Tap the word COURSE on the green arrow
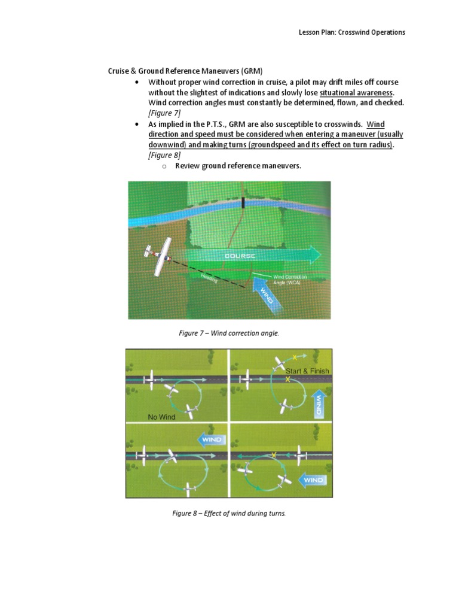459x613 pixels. pyautogui.click(x=240, y=256)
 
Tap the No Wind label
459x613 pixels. pyautogui.click(x=161, y=417)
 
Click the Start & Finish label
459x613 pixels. pyautogui.click(x=307, y=371)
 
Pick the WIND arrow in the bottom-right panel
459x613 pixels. pyautogui.click(x=313, y=480)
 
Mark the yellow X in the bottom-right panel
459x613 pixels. pyautogui.click(x=274, y=456)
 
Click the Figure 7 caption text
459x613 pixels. pyautogui.click(x=229, y=333)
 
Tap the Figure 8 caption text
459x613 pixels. pyautogui.click(x=229, y=514)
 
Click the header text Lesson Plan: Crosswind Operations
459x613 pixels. pyautogui.click(x=352, y=32)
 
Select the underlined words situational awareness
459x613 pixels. pyautogui.click(x=357, y=93)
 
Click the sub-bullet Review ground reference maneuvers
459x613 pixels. pyautogui.click(x=238, y=166)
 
